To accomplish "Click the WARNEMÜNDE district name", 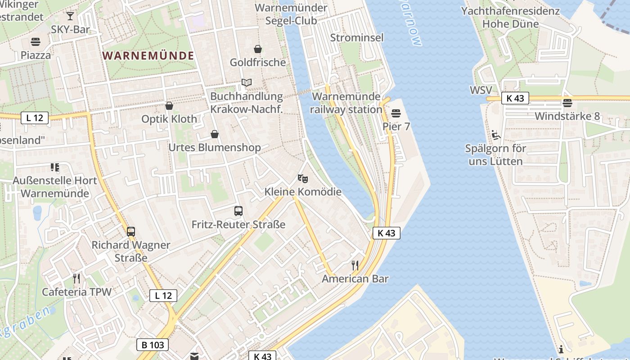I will pos(148,56).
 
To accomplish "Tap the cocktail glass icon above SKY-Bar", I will pos(70,17).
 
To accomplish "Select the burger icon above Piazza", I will pos(36,42).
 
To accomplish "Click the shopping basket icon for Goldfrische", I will pos(258,49).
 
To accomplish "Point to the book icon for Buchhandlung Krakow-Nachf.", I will pos(246,83).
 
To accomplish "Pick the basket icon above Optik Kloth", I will pos(169,106).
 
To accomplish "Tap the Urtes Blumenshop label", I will pos(214,148).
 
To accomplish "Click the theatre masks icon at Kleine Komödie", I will pos(303,179).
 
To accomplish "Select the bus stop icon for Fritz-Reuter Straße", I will pos(238,211).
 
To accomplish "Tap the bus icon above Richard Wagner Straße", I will pos(131,232).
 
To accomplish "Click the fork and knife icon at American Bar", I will pos(355,265).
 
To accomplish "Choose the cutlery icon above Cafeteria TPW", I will pos(76,279).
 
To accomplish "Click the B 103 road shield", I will pos(153,345).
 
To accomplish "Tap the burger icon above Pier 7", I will pos(396,113).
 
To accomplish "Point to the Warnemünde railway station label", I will pos(346,103).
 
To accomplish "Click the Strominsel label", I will pos(357,37).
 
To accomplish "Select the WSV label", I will pos(481,90).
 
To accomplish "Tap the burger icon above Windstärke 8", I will pos(567,103).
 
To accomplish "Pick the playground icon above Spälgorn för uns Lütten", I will pos(495,135).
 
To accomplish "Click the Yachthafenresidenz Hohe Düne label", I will pos(510,17).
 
